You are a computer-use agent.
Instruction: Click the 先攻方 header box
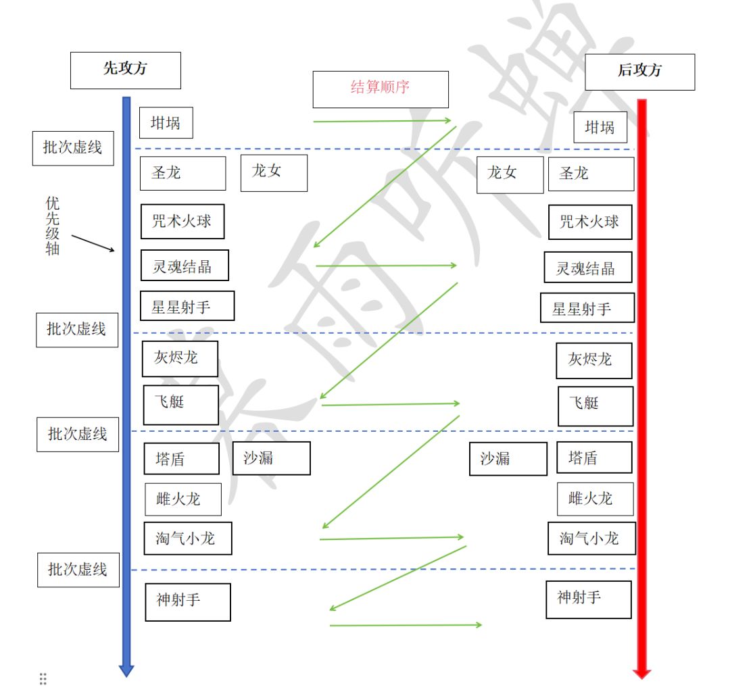[x=126, y=70]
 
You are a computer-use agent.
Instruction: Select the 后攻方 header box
[x=639, y=72]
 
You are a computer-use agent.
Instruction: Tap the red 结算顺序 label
[x=381, y=87]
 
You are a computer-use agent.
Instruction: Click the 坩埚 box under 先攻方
[x=166, y=123]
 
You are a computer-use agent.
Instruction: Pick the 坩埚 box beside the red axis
[x=600, y=127]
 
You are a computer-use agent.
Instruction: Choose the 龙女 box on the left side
[x=274, y=173]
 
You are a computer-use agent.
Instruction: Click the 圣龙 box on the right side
[x=591, y=174]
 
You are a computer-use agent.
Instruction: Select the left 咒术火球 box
[x=182, y=221]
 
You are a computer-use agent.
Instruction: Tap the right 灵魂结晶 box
[x=588, y=267]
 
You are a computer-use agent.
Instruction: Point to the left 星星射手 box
[x=187, y=306]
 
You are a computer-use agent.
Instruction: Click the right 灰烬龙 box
[x=594, y=361]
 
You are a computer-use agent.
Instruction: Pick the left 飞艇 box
[x=180, y=405]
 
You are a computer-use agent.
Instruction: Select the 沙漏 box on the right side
[x=508, y=459]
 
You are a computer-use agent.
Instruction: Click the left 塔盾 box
[x=182, y=459]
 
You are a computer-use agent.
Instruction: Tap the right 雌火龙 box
[x=595, y=499]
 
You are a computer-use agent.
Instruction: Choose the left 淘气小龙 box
[x=188, y=538]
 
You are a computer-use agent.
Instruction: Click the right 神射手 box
[x=589, y=599]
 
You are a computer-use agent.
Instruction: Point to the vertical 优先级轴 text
[x=53, y=226]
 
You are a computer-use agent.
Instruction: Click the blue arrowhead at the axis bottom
[x=126, y=671]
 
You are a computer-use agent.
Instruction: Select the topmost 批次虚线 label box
[x=73, y=148]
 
